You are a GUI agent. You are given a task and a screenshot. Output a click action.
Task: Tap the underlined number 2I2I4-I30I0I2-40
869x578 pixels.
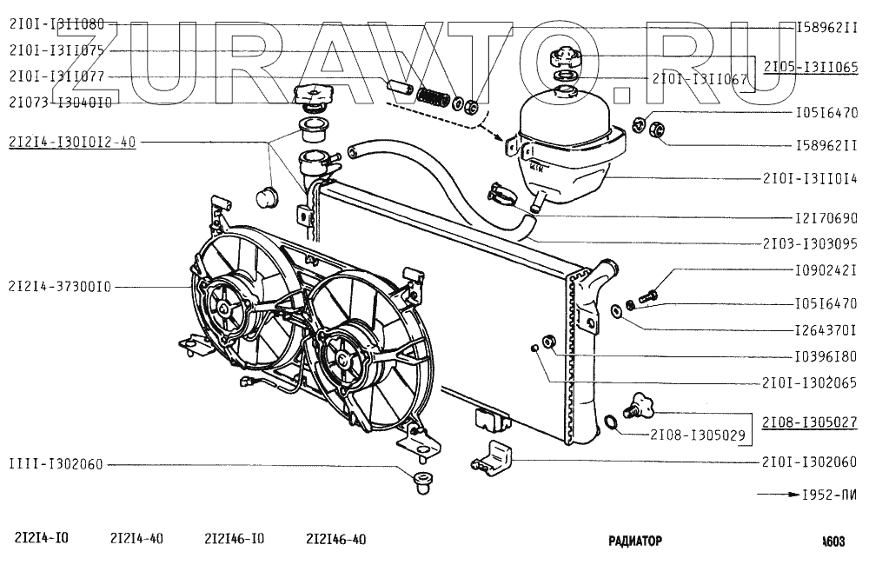[72, 143]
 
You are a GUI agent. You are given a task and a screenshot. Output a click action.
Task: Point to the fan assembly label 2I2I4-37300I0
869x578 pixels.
[60, 286]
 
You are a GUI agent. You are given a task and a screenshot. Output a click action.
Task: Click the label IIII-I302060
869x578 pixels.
[56, 463]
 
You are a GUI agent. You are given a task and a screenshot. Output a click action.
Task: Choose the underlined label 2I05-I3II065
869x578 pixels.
[811, 66]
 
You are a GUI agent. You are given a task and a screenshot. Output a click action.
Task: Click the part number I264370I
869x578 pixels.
[826, 330]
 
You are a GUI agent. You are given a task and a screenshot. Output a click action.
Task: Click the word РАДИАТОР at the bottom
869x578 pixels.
[635, 541]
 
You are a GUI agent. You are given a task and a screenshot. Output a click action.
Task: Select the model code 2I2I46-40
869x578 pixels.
[335, 539]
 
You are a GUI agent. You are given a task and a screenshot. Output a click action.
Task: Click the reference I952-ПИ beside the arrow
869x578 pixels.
[826, 495]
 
